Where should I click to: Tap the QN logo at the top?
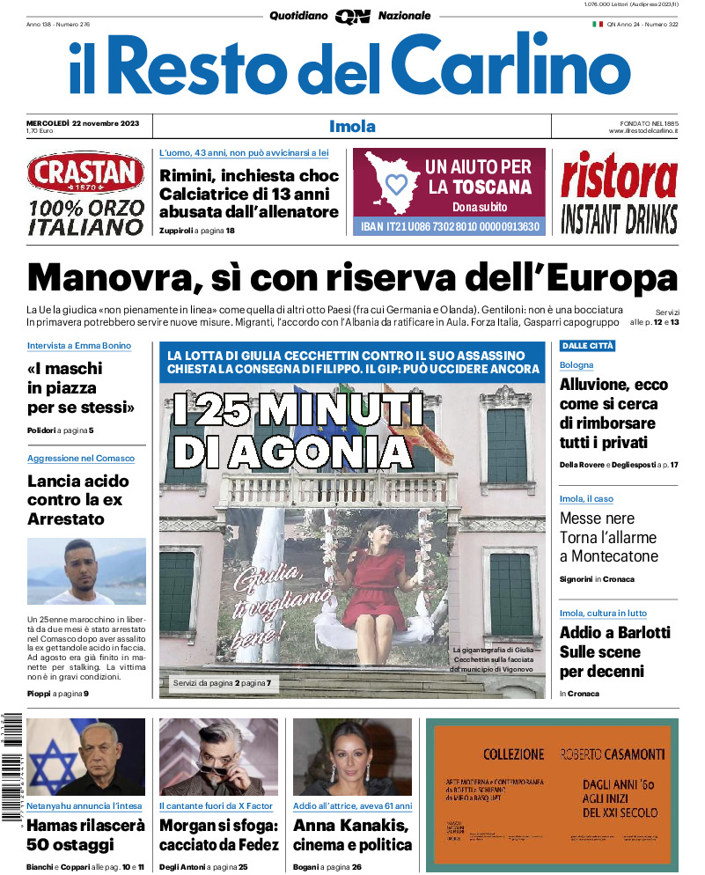click(352, 16)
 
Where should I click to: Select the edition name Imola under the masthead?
click(352, 126)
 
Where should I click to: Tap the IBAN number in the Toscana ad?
click(449, 227)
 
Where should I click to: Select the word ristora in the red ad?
click(620, 177)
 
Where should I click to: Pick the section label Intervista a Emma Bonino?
click(79, 346)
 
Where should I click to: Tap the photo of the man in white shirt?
click(86, 571)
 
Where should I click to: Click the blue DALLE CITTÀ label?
click(587, 346)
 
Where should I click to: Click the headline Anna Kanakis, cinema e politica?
click(352, 835)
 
